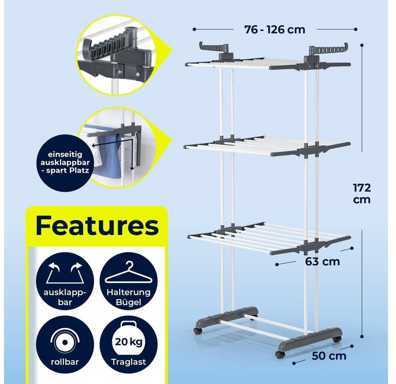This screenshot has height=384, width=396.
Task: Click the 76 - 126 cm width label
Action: coord(275,30)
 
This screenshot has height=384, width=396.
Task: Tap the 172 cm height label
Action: coord(362,194)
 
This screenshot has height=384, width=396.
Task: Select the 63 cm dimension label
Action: coord(322,262)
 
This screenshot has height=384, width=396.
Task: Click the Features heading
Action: coord(97,225)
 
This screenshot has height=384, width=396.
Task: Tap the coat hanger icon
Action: coord(129,272)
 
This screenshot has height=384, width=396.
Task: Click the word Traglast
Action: coord(129,362)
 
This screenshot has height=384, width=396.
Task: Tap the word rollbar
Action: coord(65,362)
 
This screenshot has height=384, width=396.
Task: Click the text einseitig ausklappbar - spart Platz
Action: coord(65,162)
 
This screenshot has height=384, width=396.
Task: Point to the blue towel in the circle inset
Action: coord(107,154)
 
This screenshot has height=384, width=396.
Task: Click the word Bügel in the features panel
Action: coord(128,302)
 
